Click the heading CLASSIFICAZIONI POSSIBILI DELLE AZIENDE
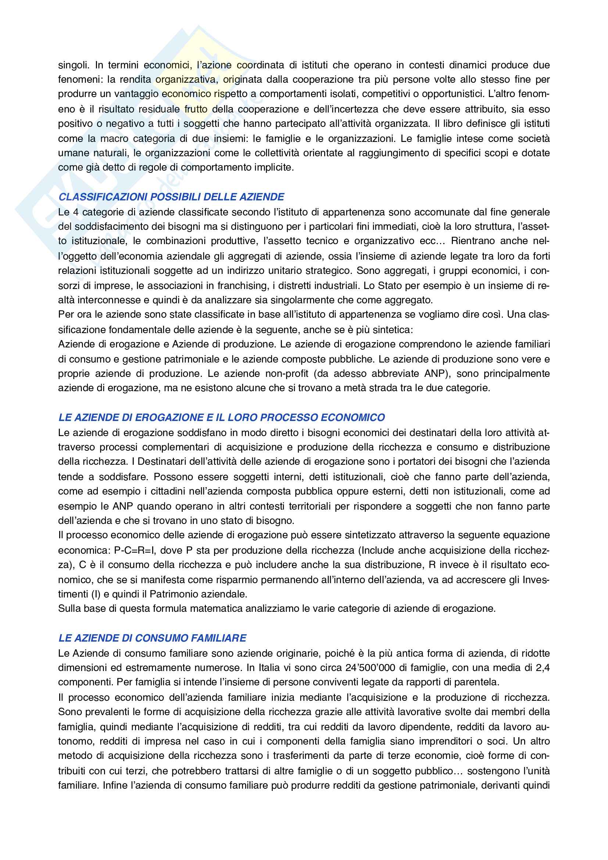pos(171,197)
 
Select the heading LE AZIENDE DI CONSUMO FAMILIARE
pos(153,638)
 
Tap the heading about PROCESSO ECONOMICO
pos(222,417)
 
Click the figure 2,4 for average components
pos(543,667)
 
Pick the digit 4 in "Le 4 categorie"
pos(76,212)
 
